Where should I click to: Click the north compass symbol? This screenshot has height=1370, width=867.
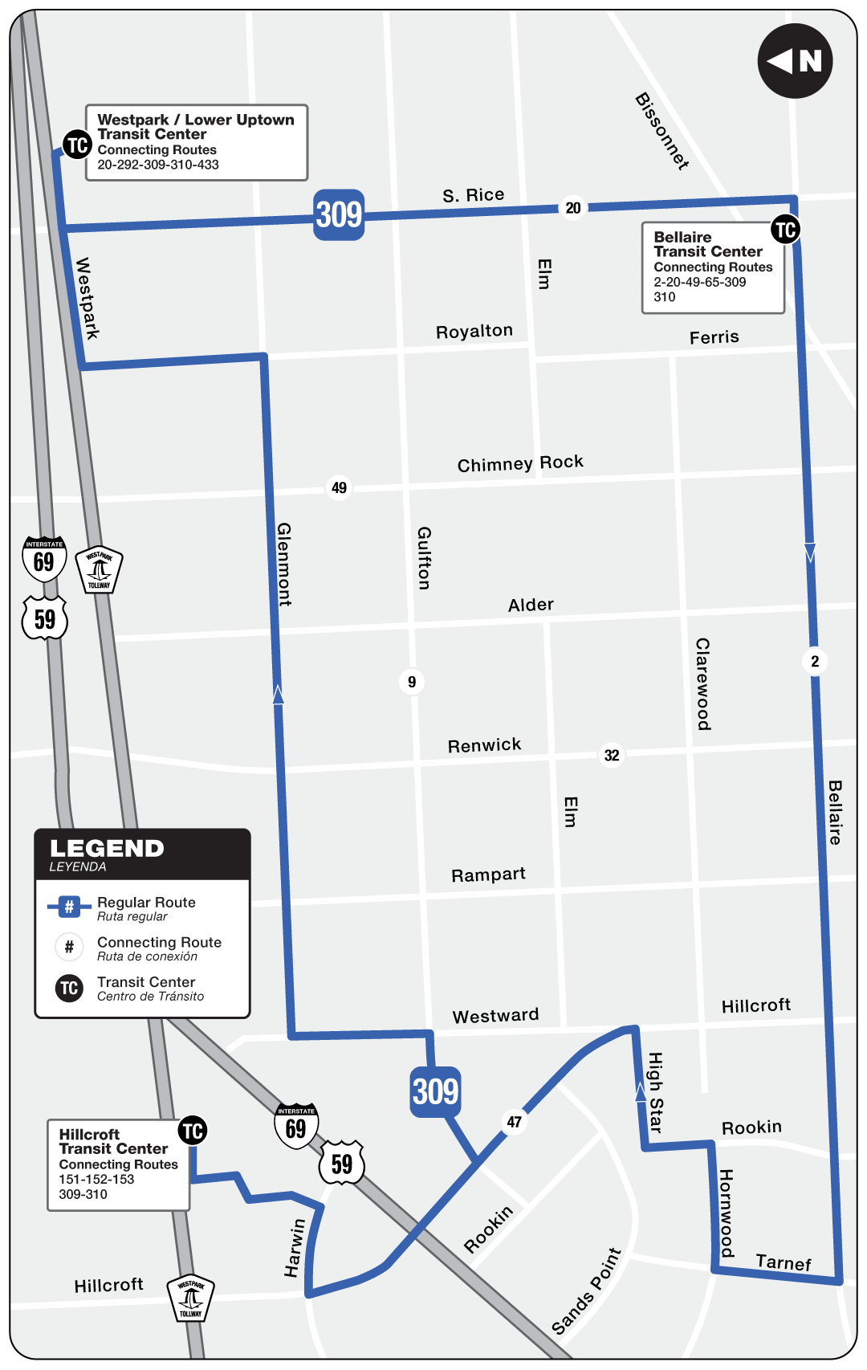(x=795, y=61)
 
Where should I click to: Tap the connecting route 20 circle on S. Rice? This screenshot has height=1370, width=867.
(x=573, y=208)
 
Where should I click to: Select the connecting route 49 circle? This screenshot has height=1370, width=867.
(x=340, y=487)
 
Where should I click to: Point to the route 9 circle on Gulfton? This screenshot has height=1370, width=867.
(x=412, y=682)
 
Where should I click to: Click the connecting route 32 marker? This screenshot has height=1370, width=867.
(x=612, y=755)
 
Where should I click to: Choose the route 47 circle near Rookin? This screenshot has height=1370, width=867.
(x=515, y=1122)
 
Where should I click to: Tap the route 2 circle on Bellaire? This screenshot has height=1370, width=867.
(x=815, y=662)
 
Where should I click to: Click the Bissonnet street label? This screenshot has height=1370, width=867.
(x=662, y=131)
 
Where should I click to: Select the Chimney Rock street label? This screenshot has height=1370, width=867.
(x=520, y=463)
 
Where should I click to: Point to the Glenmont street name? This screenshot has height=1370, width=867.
(x=284, y=564)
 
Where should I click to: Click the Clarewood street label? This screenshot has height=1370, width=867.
(x=703, y=684)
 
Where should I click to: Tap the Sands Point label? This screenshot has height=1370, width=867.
(x=587, y=1291)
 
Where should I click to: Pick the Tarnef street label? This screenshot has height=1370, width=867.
(x=784, y=1262)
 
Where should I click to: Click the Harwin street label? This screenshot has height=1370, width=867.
(x=295, y=1248)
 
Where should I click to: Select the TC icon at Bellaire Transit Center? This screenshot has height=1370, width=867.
(x=785, y=230)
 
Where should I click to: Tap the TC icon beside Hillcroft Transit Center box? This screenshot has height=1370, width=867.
(x=193, y=1131)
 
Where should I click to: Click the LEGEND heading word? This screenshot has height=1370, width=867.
(x=107, y=849)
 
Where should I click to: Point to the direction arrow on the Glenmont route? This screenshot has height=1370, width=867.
(x=278, y=695)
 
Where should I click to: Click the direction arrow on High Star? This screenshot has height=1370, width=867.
(x=641, y=1091)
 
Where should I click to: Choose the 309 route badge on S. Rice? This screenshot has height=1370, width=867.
(x=339, y=214)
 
